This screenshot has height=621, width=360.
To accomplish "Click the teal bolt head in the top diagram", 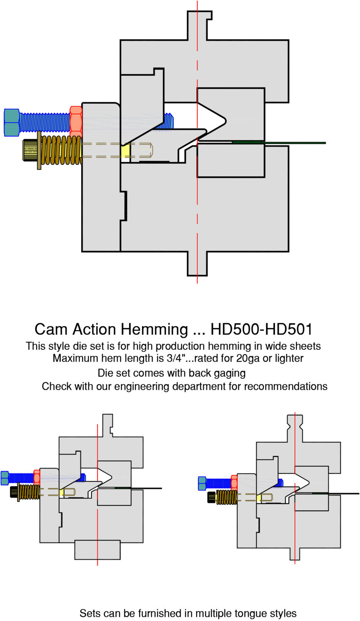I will [12, 123].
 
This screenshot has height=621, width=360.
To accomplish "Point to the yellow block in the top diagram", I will [126, 150].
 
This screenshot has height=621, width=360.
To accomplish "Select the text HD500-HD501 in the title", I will [261, 330].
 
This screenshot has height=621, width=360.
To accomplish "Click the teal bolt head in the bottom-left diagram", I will [5, 478].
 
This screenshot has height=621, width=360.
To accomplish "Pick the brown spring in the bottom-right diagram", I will [226, 497].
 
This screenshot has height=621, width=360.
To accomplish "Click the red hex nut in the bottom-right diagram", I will [234, 483].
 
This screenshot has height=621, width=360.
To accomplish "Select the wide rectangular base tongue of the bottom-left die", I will [97, 550].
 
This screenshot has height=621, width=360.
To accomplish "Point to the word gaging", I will [230, 373].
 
